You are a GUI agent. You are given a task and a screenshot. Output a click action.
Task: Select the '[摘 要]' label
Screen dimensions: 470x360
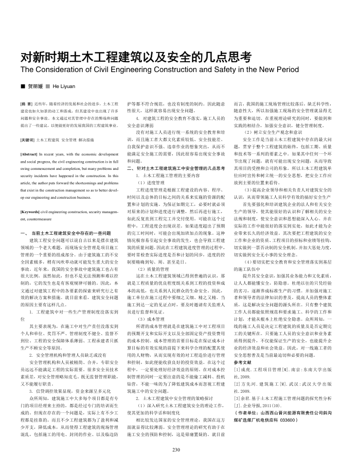coord(26,103)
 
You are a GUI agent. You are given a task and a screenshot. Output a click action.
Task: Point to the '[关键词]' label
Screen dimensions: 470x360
coord(28,140)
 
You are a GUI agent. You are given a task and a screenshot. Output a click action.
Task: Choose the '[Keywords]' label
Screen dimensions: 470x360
coord(30,212)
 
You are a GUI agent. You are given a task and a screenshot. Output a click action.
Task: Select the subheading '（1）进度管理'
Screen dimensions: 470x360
coord(147,182)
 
